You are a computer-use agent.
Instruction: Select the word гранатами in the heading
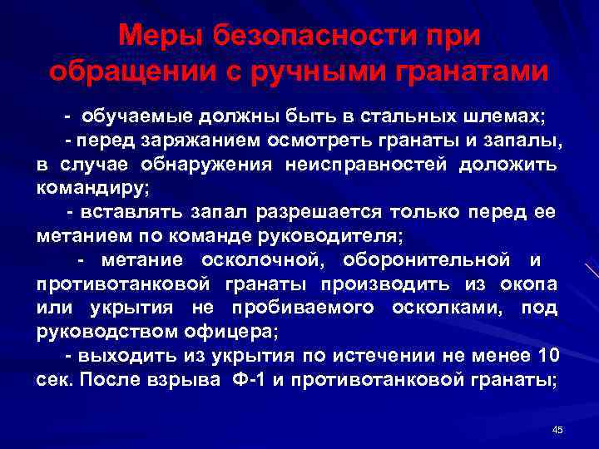coord(474,72)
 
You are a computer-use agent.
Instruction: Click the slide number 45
coord(557,430)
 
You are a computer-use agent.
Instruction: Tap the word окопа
coord(528,285)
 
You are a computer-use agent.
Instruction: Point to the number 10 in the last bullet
coord(548,357)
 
